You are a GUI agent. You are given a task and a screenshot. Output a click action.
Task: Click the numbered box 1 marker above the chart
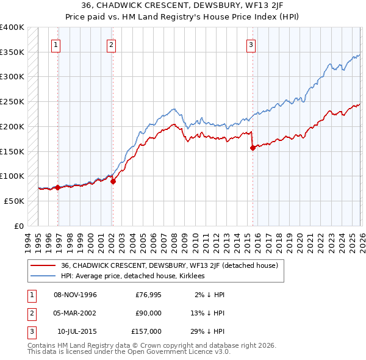(56, 44)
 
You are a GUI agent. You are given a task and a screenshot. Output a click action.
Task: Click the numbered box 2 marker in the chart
(112, 44)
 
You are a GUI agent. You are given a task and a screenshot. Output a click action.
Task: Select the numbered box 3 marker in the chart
(251, 44)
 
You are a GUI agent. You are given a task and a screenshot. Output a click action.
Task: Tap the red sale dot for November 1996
(58, 187)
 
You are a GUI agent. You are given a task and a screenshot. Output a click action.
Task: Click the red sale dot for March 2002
(113, 181)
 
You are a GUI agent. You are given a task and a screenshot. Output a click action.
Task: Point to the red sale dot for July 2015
(253, 147)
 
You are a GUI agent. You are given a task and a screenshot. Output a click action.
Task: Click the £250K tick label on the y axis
(12, 102)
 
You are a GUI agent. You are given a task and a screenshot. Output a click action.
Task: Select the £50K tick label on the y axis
(14, 201)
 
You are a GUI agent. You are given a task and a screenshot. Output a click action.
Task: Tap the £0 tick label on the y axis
(19, 226)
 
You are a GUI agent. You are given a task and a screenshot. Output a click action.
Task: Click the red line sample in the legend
(43, 265)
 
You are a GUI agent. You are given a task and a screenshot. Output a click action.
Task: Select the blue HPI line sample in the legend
(43, 276)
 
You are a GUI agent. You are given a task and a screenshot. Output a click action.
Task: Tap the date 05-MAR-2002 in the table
(75, 313)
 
